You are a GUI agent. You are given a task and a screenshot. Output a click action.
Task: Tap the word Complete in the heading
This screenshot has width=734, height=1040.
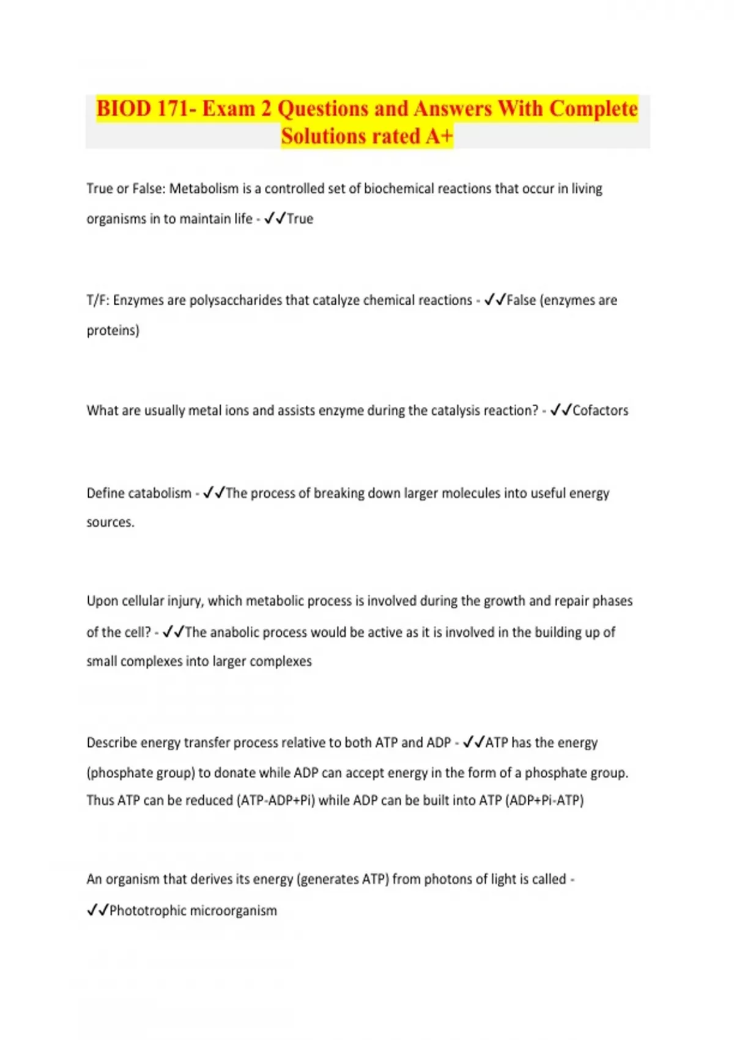pyautogui.click(x=593, y=109)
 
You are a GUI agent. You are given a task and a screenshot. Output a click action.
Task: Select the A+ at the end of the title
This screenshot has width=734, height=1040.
pyautogui.click(x=439, y=136)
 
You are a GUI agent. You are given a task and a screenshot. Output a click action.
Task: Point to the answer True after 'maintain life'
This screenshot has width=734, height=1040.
pyautogui.click(x=300, y=219)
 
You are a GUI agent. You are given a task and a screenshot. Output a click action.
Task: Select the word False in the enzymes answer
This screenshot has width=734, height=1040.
pyautogui.click(x=521, y=300)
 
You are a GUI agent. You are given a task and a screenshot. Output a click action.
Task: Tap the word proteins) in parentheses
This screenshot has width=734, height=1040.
pyautogui.click(x=113, y=330)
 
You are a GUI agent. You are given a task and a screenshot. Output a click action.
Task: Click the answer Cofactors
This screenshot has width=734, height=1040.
pyautogui.click(x=600, y=410)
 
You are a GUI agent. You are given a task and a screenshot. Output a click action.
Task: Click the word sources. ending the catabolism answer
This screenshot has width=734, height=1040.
pyautogui.click(x=110, y=522)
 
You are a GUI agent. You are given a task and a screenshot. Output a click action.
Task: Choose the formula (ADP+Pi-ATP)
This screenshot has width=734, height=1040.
pyautogui.click(x=544, y=800)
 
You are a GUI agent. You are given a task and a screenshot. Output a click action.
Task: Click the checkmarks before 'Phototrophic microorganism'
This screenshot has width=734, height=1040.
pyautogui.click(x=97, y=911)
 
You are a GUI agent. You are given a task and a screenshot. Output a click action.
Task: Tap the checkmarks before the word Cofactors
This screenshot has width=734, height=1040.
pyautogui.click(x=560, y=410)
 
